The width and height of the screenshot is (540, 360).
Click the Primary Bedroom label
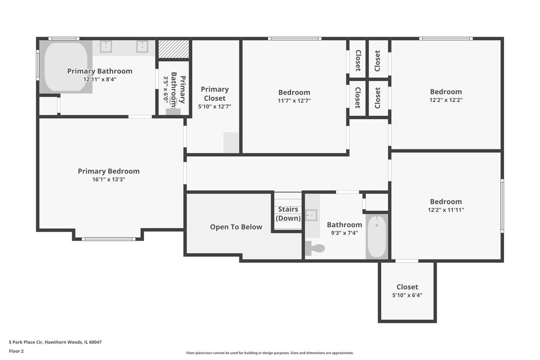click(108, 171)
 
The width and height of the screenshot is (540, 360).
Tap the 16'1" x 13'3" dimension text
click(109, 180)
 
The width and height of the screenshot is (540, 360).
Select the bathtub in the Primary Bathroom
click(66, 67)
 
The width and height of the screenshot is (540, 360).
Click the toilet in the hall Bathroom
click(315, 248)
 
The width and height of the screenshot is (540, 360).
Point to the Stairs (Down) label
click(288, 214)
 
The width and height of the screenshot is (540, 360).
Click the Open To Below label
click(236, 227)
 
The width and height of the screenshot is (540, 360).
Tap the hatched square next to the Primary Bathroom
click(174, 49)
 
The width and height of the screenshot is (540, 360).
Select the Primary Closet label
click(215, 94)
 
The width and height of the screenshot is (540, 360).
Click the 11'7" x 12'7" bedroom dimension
click(294, 100)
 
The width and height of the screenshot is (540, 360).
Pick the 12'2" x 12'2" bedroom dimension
click(446, 100)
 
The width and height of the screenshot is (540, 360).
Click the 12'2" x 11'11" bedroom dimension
click(446, 210)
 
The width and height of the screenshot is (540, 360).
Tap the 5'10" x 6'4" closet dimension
click(407, 295)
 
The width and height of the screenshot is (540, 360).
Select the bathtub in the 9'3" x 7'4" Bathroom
click(377, 237)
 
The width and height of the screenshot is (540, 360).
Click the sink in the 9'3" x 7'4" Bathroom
click(311, 215)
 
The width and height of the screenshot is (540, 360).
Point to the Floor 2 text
click(16, 351)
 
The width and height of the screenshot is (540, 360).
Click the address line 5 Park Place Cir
click(55, 342)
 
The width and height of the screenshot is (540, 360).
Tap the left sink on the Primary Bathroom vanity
click(106, 46)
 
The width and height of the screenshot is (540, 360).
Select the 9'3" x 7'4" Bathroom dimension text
click(345, 233)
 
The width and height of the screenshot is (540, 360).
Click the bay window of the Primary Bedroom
click(108, 239)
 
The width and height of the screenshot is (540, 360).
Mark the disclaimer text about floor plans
click(270, 353)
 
